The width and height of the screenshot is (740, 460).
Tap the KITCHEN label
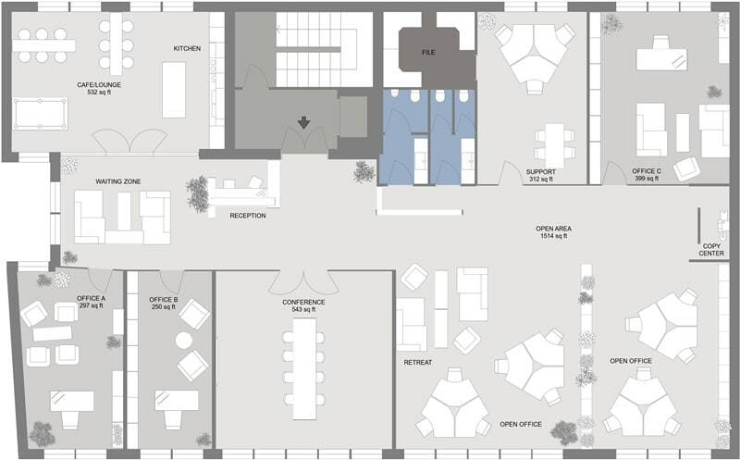click(x=188, y=48)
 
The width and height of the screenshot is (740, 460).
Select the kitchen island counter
click(x=174, y=90)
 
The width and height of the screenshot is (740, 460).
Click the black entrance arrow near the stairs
click(x=303, y=123)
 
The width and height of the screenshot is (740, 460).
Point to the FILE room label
click(x=428, y=53)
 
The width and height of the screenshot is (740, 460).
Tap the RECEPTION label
click(x=248, y=216)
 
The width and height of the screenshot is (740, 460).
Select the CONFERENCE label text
click(x=303, y=303)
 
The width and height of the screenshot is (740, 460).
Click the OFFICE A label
click(x=92, y=298)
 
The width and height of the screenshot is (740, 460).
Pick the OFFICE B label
click(x=164, y=300)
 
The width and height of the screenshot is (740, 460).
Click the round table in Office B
click(x=184, y=341)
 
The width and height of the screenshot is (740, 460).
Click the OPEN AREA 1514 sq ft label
click(x=553, y=232)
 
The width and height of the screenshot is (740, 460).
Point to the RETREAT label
click(x=418, y=362)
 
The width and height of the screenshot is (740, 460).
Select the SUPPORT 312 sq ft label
click(x=539, y=175)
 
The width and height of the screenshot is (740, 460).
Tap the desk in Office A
click(x=70, y=401)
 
